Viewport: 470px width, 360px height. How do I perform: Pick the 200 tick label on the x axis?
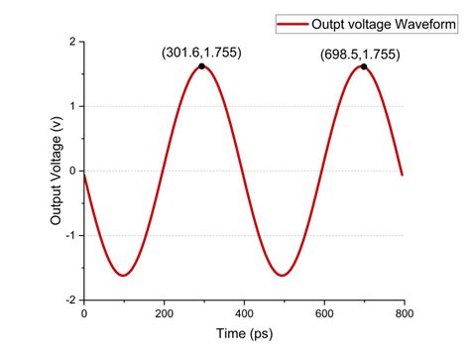164,313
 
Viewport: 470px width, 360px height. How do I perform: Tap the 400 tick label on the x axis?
244,313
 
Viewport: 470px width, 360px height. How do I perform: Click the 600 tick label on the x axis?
324,313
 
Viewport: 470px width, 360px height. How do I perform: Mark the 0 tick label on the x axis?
84,313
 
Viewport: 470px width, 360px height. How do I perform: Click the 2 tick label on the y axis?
72,43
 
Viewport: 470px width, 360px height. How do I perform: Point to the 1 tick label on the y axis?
72,107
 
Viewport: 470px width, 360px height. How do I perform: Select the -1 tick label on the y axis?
70,236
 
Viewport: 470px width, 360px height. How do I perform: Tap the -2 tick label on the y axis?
70,300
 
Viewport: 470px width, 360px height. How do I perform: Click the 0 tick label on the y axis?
72,172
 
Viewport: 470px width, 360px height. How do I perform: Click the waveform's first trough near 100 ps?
123,275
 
